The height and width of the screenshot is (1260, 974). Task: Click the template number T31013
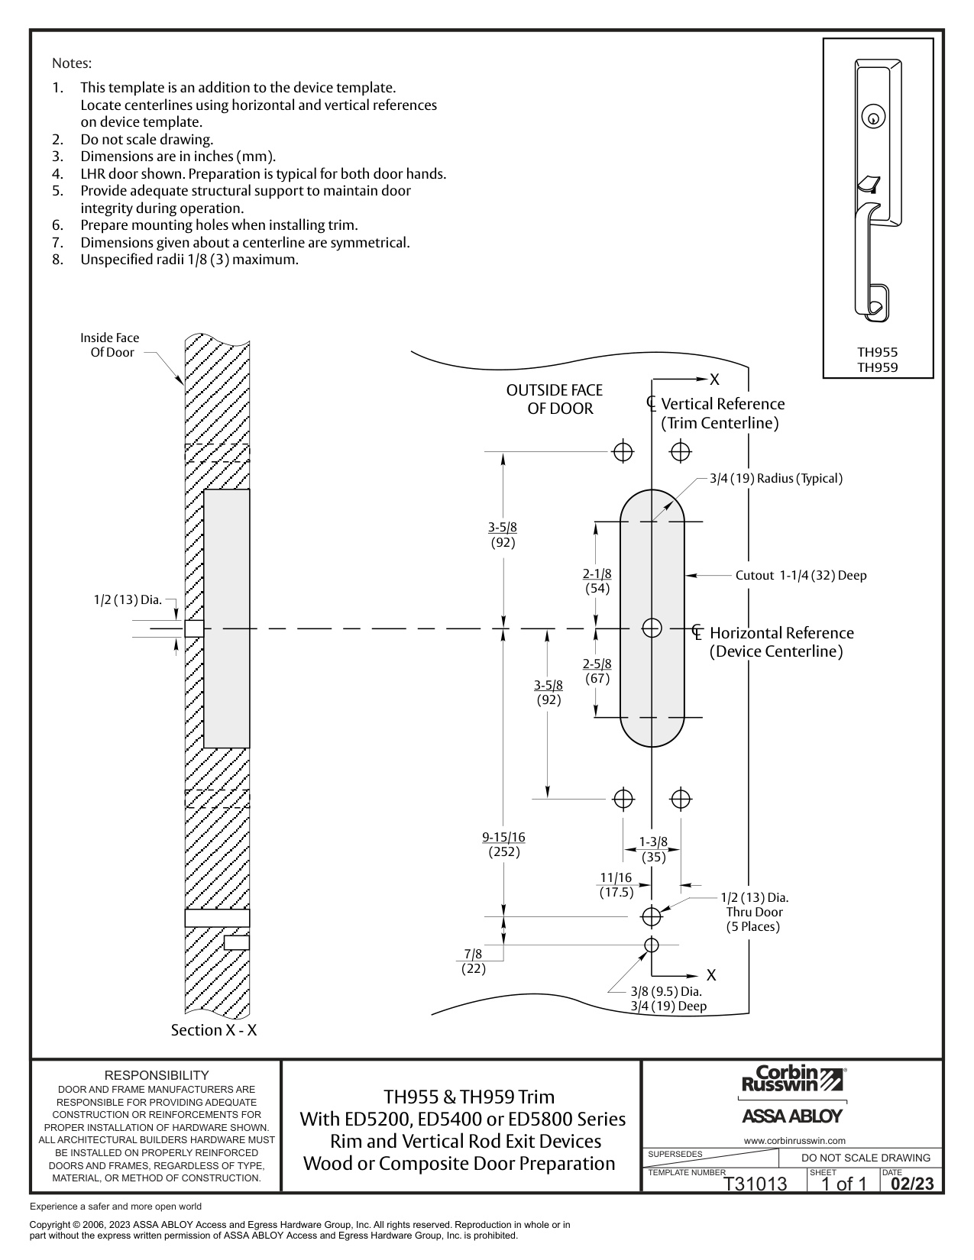[756, 1184]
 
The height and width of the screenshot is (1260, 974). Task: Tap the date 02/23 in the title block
[913, 1184]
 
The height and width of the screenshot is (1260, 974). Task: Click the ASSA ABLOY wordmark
[792, 1116]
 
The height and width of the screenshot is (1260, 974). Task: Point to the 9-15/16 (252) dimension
[503, 845]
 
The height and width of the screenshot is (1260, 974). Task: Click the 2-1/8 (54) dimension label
[597, 581]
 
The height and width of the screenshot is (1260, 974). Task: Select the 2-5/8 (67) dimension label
[597, 671]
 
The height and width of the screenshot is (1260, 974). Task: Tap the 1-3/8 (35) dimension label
[653, 849]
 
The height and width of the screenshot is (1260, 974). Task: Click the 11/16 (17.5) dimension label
[616, 885]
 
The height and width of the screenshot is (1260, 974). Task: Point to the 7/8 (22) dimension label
[474, 961]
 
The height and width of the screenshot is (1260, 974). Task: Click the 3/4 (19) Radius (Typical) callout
[776, 478]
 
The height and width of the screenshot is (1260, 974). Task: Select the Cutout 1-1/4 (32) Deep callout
[801, 575]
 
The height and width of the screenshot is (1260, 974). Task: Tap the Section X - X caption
[213, 1030]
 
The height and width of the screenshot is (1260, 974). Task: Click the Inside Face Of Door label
[110, 345]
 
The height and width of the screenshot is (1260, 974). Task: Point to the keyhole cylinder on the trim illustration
[873, 117]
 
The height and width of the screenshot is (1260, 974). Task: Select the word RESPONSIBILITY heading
[157, 1075]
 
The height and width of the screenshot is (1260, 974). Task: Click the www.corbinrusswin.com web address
[794, 1141]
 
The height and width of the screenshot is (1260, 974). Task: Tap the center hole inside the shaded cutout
[652, 628]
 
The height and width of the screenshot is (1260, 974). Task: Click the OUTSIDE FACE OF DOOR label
[555, 399]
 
